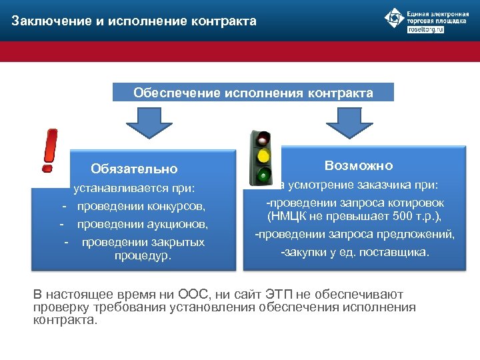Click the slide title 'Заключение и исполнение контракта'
[133, 21]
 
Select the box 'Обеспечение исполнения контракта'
[253, 92]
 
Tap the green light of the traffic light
[265, 176]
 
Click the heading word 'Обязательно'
[135, 169]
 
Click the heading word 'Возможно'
[359, 165]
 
